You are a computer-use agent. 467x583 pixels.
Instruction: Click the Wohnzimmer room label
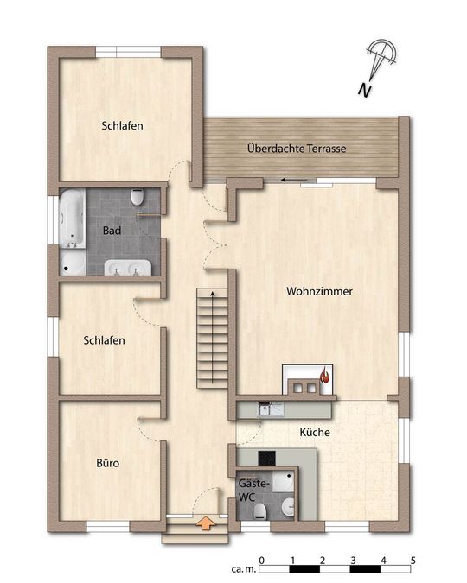(319, 291)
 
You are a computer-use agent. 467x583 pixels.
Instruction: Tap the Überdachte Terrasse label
(297, 149)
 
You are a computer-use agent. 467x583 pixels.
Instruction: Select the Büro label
(107, 463)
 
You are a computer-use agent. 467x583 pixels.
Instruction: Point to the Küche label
(315, 432)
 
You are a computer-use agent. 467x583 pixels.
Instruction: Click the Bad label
(112, 231)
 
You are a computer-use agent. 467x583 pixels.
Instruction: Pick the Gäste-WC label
(253, 491)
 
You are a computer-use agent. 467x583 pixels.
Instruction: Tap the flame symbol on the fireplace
(325, 375)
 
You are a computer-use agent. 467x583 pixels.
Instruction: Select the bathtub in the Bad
(72, 219)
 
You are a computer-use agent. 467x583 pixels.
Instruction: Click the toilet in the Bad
(137, 197)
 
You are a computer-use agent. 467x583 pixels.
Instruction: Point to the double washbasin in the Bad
(128, 268)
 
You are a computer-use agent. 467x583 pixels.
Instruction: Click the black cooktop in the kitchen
(267, 458)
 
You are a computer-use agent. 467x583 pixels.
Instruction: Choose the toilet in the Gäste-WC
(260, 511)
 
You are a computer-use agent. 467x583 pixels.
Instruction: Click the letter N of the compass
(365, 90)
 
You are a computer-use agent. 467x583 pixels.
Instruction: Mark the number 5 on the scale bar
(413, 560)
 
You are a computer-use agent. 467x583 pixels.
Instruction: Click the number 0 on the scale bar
(262, 560)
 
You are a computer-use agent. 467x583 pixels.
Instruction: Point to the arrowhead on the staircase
(213, 294)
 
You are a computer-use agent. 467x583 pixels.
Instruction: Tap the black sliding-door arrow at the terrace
(294, 180)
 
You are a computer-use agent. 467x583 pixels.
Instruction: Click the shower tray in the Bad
(73, 263)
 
